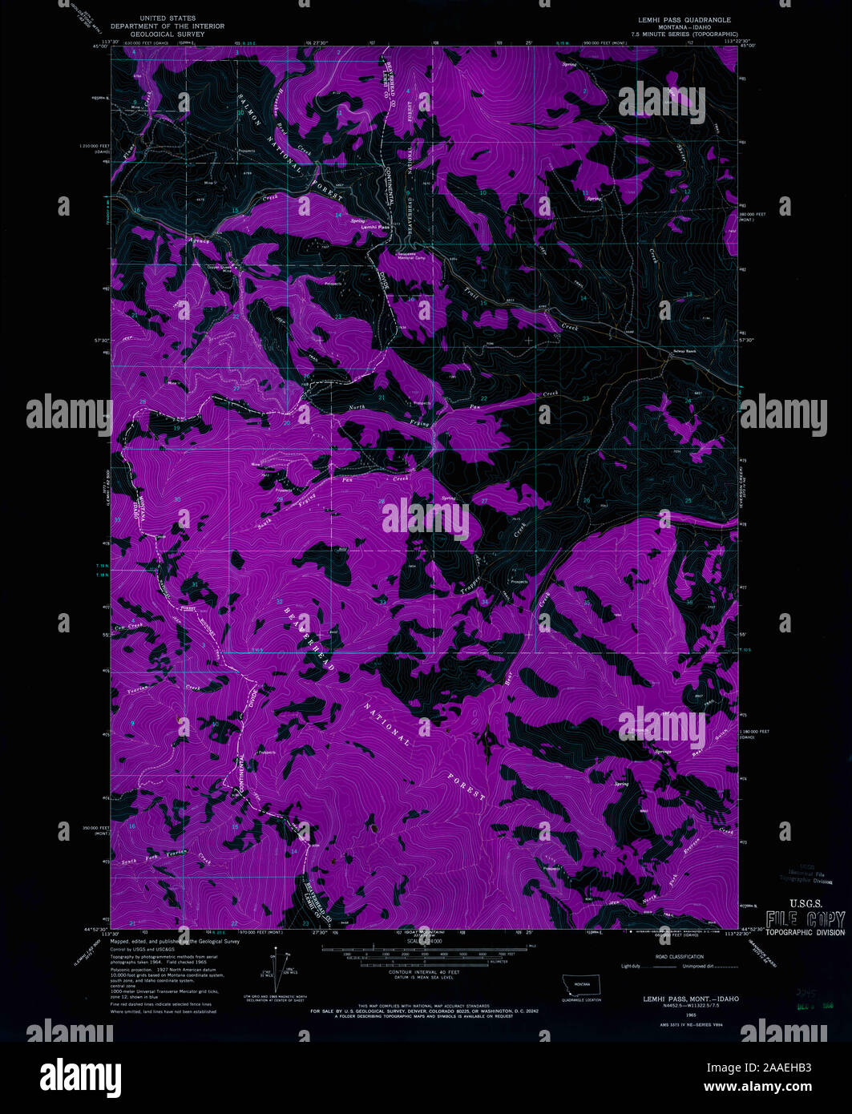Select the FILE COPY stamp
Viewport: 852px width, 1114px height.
pyautogui.click(x=804, y=919)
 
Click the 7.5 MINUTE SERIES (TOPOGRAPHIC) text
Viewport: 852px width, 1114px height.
pyautogui.click(x=684, y=34)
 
